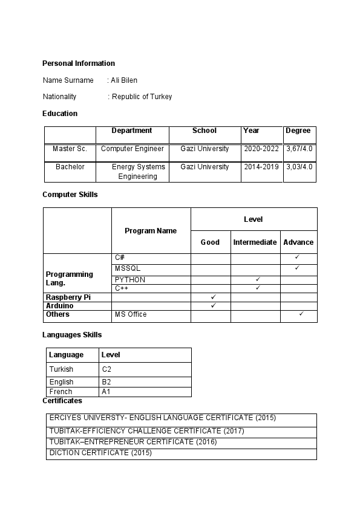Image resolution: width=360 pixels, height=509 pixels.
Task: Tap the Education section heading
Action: coord(60,114)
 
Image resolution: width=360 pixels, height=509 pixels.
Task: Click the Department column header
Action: coord(132,131)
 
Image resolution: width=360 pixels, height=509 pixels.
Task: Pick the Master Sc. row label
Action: coord(70,149)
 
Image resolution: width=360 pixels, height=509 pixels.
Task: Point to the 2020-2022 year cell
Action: coord(261,149)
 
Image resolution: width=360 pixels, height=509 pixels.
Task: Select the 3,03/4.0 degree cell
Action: coord(299,167)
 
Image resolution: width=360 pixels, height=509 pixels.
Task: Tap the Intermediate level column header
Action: coord(255,242)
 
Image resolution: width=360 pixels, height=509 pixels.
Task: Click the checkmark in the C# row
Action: coord(297,258)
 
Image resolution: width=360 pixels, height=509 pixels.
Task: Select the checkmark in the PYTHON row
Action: coord(258,279)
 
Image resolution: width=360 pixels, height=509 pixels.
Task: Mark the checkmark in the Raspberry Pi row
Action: coord(213,297)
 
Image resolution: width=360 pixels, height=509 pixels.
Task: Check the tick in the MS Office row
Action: coord(301,314)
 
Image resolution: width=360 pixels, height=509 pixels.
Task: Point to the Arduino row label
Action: coord(60,306)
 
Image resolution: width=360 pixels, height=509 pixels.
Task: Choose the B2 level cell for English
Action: coord(106,382)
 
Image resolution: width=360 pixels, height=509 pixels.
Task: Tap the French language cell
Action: coord(61,392)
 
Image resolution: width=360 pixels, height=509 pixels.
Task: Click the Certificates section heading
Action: coord(62,401)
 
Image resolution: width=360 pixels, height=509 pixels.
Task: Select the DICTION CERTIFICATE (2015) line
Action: coord(100,453)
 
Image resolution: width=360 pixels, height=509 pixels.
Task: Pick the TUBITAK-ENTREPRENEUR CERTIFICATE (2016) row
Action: coord(133,442)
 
